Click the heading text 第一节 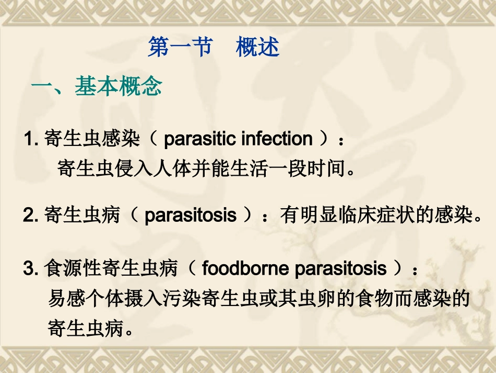[x=180, y=47]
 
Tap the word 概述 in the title [x=257, y=47]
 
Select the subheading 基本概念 [x=118, y=87]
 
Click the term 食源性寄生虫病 [x=112, y=269]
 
